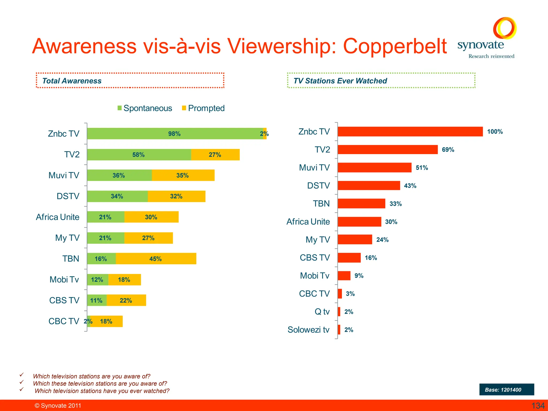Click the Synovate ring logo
pyautogui.click(x=505, y=28)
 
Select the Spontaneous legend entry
pyautogui.click(x=145, y=108)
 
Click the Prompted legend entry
pyautogui.click(x=203, y=108)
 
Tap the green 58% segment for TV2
pyautogui.click(x=139, y=155)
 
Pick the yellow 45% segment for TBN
pyautogui.click(x=156, y=259)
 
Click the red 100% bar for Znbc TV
pyautogui.click(x=410, y=132)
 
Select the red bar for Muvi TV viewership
pyautogui.click(x=374, y=168)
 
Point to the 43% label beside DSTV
pyautogui.click(x=410, y=186)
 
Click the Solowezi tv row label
pyautogui.click(x=308, y=330)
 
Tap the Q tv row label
pyautogui.click(x=322, y=312)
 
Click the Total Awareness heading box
pyautogui.click(x=130, y=81)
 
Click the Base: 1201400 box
pyautogui.click(x=506, y=390)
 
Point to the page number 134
pyautogui.click(x=538, y=406)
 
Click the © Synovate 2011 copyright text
pyautogui.click(x=58, y=406)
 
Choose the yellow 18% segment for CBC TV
pyautogui.click(x=106, y=321)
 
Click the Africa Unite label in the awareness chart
pyautogui.click(x=58, y=217)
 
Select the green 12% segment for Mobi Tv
pyautogui.click(x=97, y=280)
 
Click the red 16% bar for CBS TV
pyautogui.click(x=349, y=258)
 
